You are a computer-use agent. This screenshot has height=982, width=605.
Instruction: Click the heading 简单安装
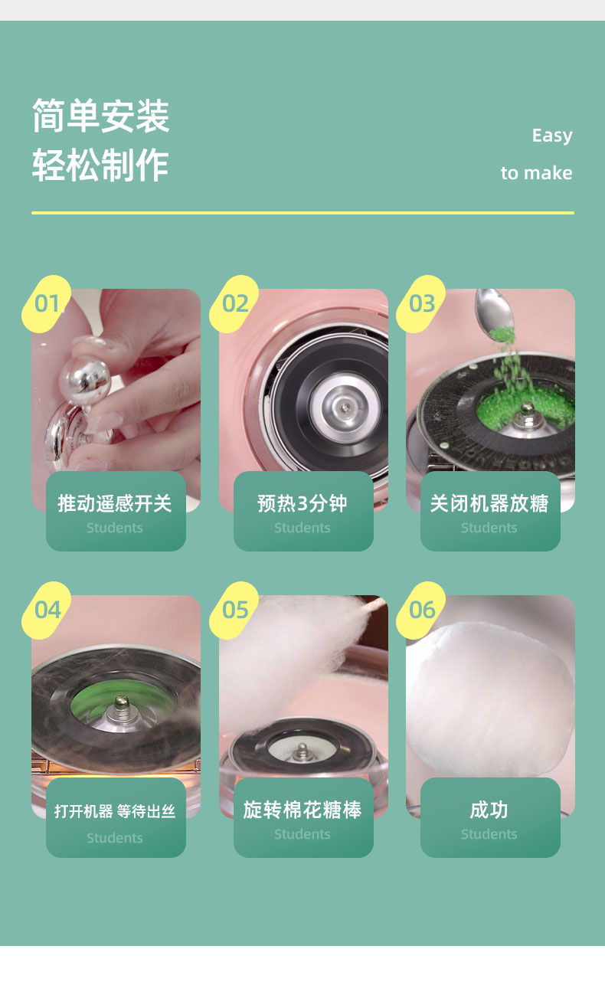101,116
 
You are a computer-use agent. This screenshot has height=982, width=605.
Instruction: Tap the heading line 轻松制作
101,165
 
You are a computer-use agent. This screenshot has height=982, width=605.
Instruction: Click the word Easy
552,136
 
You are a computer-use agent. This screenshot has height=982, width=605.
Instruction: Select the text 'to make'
537,173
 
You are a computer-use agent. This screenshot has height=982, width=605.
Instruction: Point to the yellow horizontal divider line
302,213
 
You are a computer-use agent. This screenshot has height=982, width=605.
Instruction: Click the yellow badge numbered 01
47,304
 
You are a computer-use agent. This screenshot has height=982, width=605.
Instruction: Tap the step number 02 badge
234,304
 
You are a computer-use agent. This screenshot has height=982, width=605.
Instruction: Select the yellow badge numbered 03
421,304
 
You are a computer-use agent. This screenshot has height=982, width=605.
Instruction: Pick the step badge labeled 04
47,610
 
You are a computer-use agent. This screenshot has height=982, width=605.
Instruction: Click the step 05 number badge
234,610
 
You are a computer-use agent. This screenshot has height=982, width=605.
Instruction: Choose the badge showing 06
421,610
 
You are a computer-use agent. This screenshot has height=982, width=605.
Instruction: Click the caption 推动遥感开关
115,503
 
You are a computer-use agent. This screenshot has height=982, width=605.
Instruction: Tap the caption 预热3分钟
302,503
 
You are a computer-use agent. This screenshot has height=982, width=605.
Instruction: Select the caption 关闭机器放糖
489,503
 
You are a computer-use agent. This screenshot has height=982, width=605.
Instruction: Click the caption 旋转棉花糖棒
302,810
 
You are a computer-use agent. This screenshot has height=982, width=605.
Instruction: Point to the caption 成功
489,810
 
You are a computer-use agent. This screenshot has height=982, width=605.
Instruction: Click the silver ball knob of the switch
84,381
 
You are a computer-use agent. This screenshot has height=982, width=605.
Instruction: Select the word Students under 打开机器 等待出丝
115,838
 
